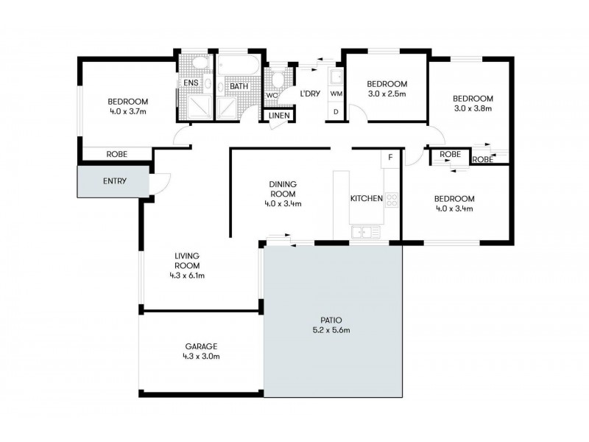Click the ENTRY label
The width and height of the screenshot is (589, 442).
(113, 181)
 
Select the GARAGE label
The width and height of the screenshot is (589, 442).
(201, 346)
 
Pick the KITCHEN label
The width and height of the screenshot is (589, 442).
(366, 199)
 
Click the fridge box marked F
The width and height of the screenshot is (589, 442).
(390, 158)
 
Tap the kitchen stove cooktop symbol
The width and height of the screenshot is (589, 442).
(392, 198)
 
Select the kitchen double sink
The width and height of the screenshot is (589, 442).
(365, 232)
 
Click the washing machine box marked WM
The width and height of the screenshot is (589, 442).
(336, 94)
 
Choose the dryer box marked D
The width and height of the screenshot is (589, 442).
(336, 112)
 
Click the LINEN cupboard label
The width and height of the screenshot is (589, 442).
(279, 116)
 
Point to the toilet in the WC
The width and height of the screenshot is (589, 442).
(278, 79)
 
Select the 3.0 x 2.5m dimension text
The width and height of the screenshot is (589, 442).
(387, 94)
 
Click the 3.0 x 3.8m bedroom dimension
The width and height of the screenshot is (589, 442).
(472, 108)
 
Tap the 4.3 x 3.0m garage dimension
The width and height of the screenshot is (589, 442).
(201, 357)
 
